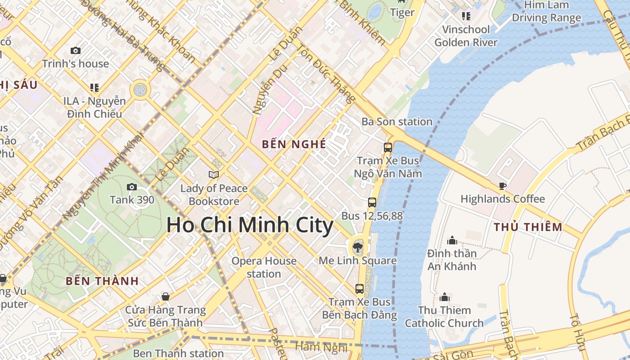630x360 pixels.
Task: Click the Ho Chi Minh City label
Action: pos(250,225)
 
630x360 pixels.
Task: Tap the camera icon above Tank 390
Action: pos(131,187)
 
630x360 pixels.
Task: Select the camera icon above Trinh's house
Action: pos(76,51)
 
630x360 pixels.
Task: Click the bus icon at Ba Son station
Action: pos(387,147)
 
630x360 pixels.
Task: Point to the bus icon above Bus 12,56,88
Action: pos(372,202)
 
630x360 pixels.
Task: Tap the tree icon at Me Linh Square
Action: pos(358,247)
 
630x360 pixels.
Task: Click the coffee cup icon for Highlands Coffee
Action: pos(503,186)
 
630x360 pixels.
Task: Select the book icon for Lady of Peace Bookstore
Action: pos(214,175)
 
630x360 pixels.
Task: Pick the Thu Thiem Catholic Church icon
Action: pos(445,297)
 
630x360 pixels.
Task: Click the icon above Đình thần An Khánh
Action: pos(452,240)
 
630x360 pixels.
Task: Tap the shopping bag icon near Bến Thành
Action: pos(166,297)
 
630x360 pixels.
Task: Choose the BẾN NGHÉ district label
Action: pos(294,144)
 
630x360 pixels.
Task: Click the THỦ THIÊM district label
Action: pos(528,227)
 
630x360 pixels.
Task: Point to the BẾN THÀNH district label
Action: pos(102,281)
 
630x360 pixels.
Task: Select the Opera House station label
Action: pos(264,267)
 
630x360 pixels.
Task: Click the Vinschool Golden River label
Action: pos(466,36)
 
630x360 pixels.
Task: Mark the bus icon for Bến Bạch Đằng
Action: pos(359,289)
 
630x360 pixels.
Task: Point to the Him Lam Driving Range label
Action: pos(546,12)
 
